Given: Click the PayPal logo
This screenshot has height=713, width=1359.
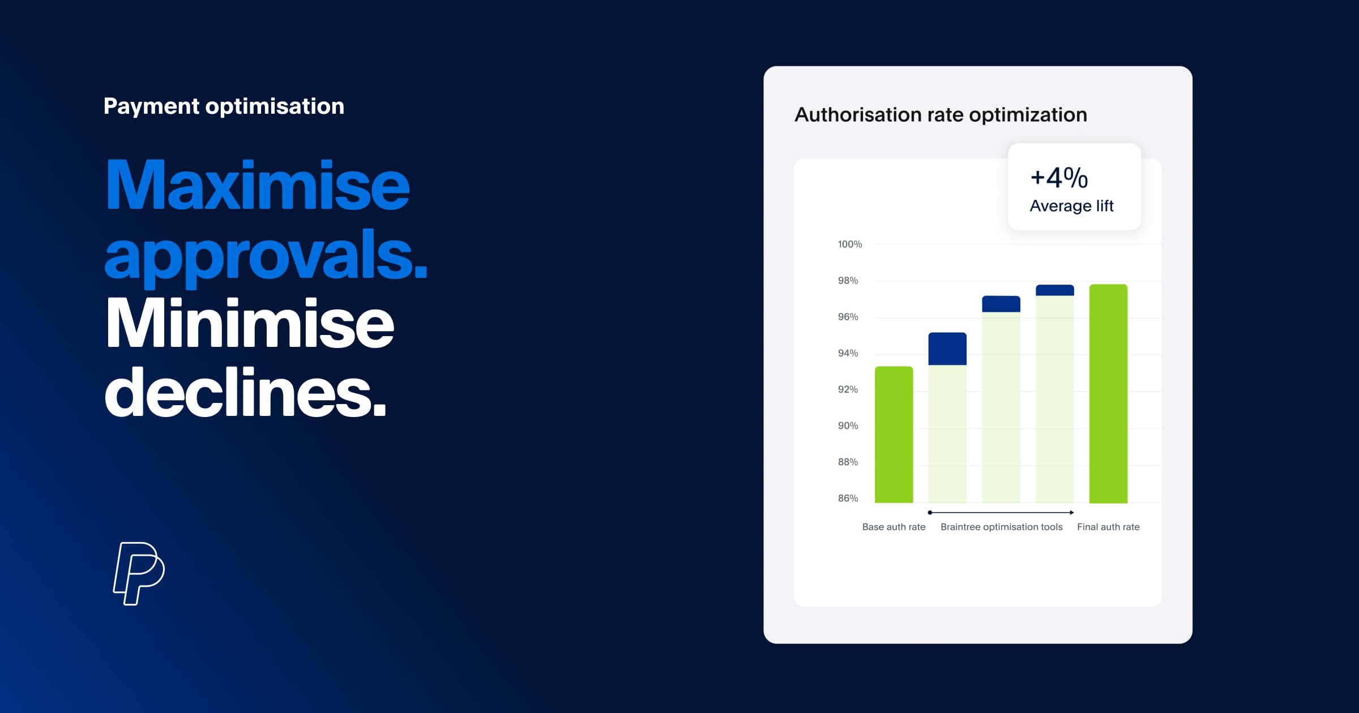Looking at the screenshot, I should [x=139, y=573].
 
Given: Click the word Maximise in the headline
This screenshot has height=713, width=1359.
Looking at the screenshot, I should [x=257, y=186].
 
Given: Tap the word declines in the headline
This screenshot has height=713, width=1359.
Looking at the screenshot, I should [x=245, y=392].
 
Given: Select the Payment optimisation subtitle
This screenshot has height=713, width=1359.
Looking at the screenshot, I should [x=224, y=106].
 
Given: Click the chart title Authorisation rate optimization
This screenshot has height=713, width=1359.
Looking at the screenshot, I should [x=941, y=115].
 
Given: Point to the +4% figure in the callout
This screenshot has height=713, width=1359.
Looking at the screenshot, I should [x=1059, y=178].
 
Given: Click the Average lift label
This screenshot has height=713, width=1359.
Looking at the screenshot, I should [x=1071, y=206].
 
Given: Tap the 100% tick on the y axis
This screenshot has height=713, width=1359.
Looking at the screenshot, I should [x=849, y=244].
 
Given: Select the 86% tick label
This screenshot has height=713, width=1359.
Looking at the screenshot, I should [x=848, y=499].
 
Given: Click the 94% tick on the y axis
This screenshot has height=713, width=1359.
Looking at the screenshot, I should [x=848, y=353].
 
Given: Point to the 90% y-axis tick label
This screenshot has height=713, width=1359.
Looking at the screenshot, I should [x=848, y=426].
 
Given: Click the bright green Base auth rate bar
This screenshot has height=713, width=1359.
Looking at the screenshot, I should [x=894, y=435].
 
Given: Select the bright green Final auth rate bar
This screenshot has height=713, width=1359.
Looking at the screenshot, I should [x=1108, y=394].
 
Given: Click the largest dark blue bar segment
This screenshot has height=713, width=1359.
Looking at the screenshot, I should [x=947, y=349].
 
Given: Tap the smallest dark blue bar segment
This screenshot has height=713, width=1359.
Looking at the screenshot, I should [x=1054, y=290].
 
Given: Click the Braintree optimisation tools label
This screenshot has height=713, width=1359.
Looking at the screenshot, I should [x=1001, y=527].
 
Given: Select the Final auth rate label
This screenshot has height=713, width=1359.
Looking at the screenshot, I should [x=1108, y=527].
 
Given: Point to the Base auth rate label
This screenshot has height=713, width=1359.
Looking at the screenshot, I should [x=894, y=527].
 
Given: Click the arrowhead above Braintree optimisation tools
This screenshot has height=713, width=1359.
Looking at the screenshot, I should [x=1071, y=513].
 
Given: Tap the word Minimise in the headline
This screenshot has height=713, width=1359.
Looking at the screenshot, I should [x=249, y=324].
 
